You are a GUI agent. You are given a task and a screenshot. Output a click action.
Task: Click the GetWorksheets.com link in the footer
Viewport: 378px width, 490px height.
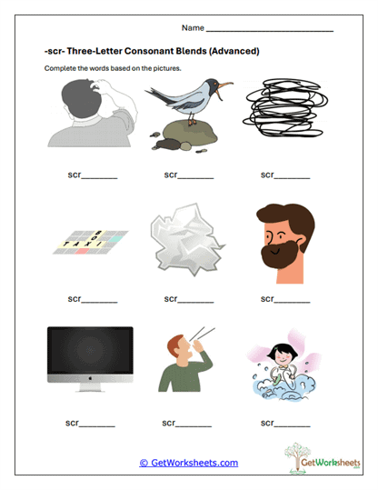coord(188,462)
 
